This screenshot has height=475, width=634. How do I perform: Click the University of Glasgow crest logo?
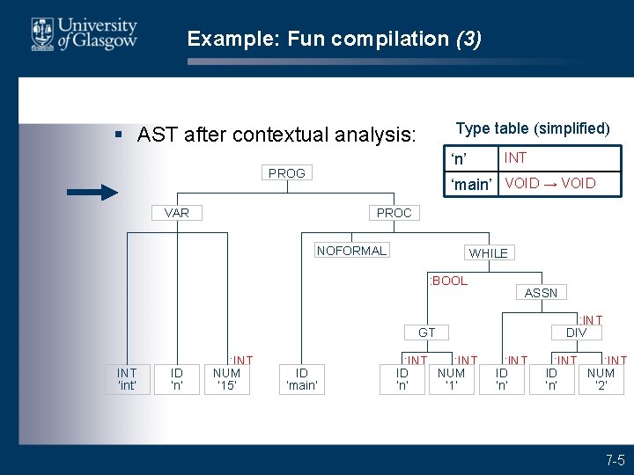pos(41,33)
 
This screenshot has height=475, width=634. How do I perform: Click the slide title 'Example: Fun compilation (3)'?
pos(334,39)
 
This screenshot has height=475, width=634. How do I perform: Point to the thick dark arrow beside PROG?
pos(92,192)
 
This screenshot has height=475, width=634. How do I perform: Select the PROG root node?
pos(287,173)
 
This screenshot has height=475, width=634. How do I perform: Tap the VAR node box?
pos(176,212)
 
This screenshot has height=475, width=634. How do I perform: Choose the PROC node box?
pos(394,212)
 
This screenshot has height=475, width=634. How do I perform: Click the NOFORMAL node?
pos(351,251)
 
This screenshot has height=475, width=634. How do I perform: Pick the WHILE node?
pos(488,252)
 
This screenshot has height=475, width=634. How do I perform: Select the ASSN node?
pos(541,292)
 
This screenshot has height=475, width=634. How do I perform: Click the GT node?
pos(427,332)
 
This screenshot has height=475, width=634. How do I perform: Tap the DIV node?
pos(577,332)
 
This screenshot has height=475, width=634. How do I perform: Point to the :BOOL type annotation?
pos(448,281)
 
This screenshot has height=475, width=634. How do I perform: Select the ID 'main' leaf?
pos(301,378)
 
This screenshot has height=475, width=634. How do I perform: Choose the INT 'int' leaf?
pos(127,378)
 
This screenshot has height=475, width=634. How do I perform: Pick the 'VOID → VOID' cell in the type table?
pos(550,183)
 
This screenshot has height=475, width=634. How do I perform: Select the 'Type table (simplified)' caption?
pos(533,128)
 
